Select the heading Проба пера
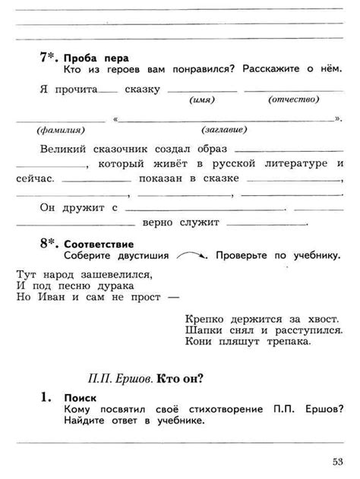(x=96, y=58)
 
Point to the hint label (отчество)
(x=291, y=100)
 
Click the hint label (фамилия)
(x=49, y=131)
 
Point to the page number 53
(x=337, y=460)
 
